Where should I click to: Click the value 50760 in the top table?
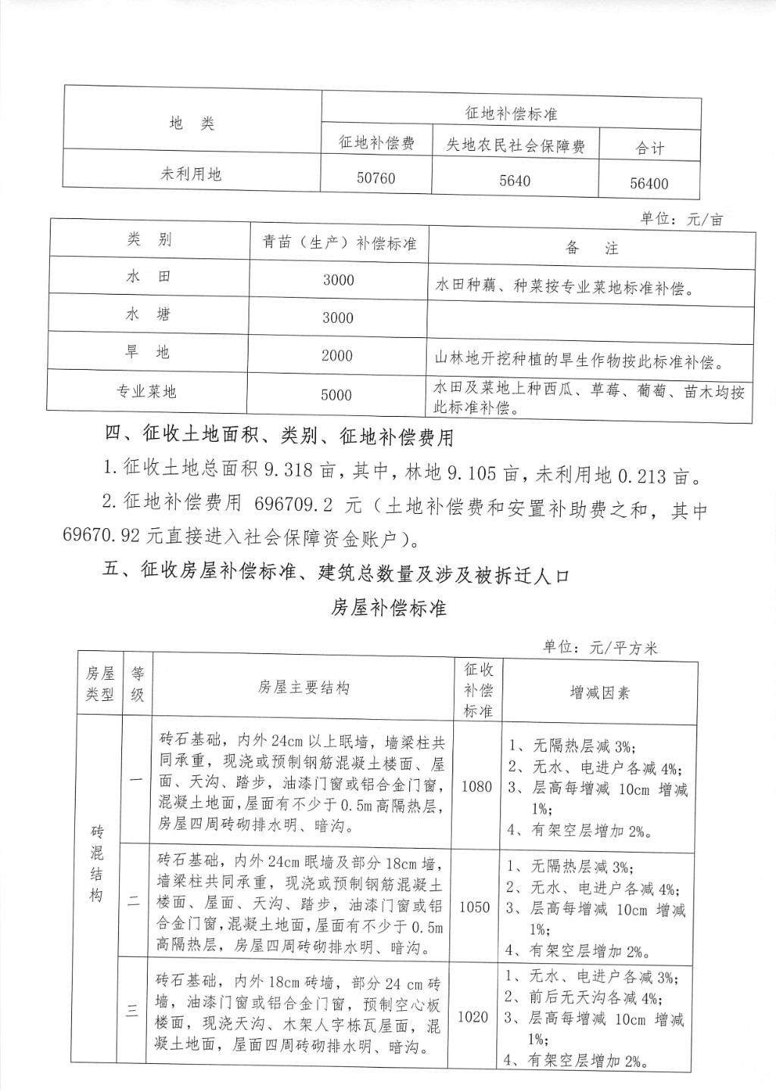point(376,178)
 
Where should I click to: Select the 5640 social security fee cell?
point(515,180)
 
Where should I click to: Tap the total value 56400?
point(649,183)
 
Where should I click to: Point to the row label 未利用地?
point(191,174)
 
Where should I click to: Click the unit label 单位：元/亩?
point(681,219)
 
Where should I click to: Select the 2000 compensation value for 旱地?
point(337,355)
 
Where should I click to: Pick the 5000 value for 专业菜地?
point(336,394)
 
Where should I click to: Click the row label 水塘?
point(149,314)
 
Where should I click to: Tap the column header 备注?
point(591,248)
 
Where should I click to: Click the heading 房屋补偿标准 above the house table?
point(388,608)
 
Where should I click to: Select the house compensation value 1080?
point(477,786)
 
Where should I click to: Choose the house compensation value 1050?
point(475,906)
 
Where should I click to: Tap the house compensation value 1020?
point(474,1016)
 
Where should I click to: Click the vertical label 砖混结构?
point(97,864)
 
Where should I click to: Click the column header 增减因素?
point(599,693)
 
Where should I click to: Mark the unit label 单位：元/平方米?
point(600,647)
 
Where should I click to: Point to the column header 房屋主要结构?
point(303,688)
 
